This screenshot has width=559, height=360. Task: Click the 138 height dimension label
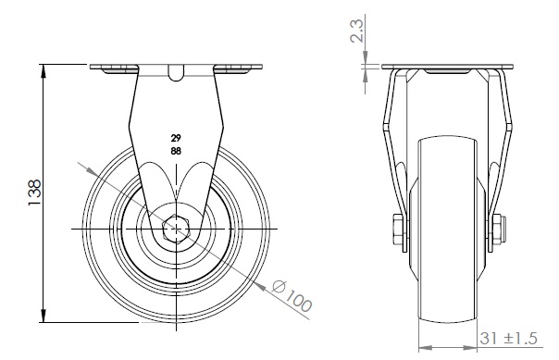coord(34,192)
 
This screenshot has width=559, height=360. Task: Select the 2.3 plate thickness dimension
coord(357,31)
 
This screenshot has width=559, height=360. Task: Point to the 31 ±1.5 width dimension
coord(508,339)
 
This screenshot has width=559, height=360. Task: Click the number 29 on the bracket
coord(176,138)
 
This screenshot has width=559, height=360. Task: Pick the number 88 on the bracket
coord(176,151)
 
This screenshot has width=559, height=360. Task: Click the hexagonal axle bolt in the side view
coord(176,229)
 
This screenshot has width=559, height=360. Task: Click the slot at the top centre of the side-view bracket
coord(176,73)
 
